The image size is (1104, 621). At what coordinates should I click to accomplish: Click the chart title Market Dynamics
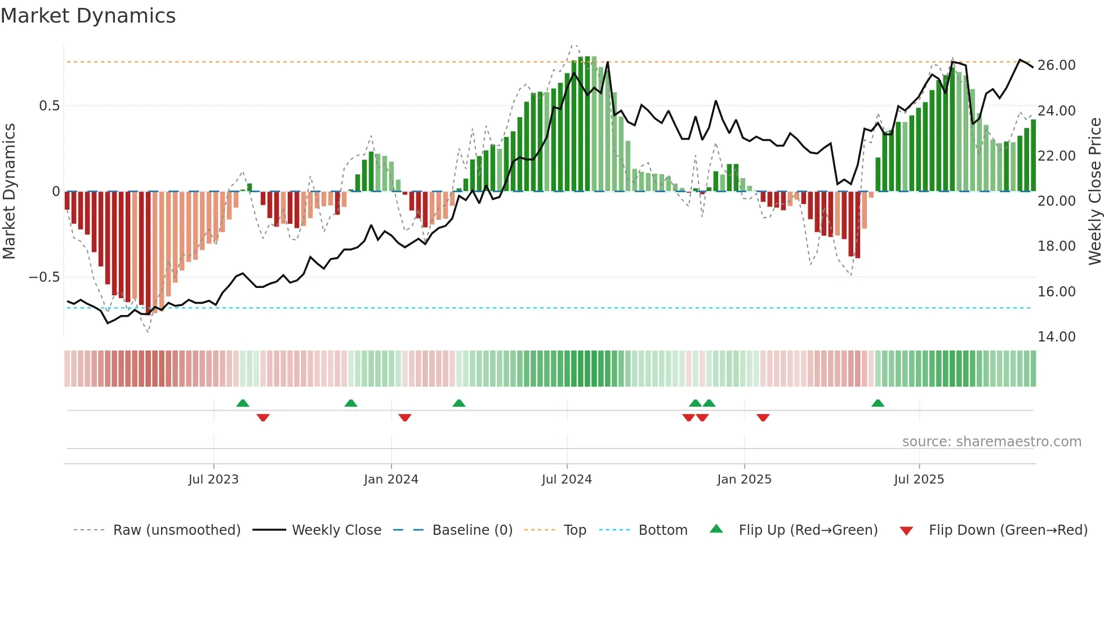[88, 16]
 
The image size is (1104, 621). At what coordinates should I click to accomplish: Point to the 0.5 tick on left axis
[49, 106]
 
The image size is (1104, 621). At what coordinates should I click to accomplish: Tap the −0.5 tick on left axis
[44, 277]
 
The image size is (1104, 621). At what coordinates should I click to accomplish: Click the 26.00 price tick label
[1056, 65]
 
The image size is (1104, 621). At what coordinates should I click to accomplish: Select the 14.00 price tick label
[1056, 337]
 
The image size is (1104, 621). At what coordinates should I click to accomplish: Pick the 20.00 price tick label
[1056, 201]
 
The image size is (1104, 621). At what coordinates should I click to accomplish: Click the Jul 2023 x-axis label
[213, 480]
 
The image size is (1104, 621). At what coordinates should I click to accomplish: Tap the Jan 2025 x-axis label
[744, 480]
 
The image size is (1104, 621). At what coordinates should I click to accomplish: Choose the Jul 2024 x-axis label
[567, 480]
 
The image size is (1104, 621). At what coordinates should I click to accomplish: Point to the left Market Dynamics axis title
[9, 192]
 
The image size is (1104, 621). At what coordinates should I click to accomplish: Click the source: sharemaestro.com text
[991, 442]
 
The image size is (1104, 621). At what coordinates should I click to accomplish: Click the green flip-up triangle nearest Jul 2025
[878, 403]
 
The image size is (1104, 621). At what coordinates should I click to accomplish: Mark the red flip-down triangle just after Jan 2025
[763, 418]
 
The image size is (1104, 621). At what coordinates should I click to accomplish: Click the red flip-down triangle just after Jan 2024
[405, 418]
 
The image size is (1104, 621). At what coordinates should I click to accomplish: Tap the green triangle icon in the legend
[716, 529]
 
